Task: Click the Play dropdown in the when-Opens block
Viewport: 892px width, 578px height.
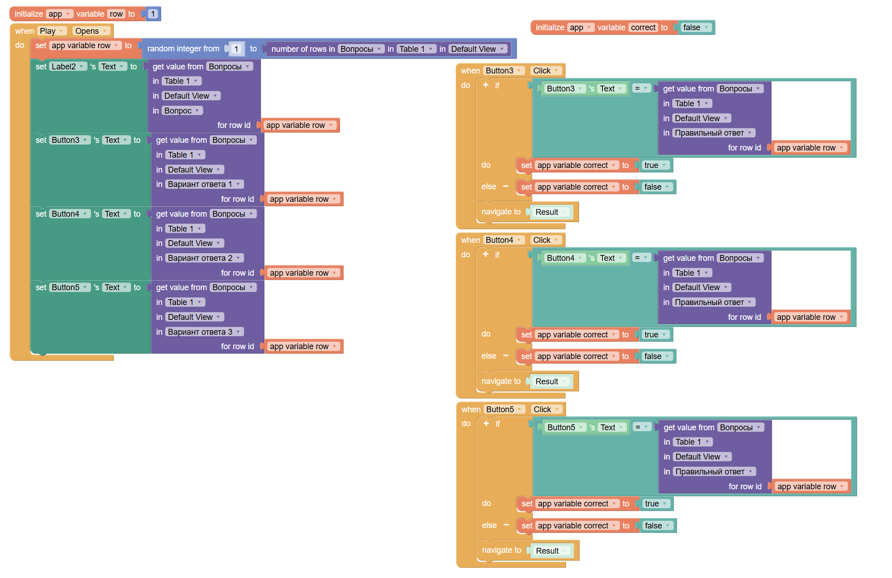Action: [x=52, y=31]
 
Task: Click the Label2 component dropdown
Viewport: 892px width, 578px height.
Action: [x=68, y=67]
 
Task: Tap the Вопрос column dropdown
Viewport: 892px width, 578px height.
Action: [x=182, y=111]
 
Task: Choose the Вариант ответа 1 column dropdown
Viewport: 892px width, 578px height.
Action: [x=204, y=184]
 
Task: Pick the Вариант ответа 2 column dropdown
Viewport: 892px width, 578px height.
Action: [x=204, y=258]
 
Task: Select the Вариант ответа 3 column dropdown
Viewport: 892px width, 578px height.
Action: [x=204, y=332]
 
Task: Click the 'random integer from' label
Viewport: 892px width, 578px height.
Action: [x=183, y=49]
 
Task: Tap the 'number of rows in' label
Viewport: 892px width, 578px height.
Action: [x=303, y=49]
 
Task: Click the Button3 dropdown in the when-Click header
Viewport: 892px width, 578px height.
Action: [x=503, y=71]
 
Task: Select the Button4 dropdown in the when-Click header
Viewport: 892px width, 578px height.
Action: [x=503, y=240]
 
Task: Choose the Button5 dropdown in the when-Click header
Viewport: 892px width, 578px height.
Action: [x=504, y=410]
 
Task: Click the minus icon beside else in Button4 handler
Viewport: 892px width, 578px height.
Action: [x=506, y=356]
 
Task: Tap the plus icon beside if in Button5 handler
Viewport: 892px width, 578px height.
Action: [x=486, y=423]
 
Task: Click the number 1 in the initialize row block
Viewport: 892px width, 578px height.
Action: [x=153, y=14]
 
